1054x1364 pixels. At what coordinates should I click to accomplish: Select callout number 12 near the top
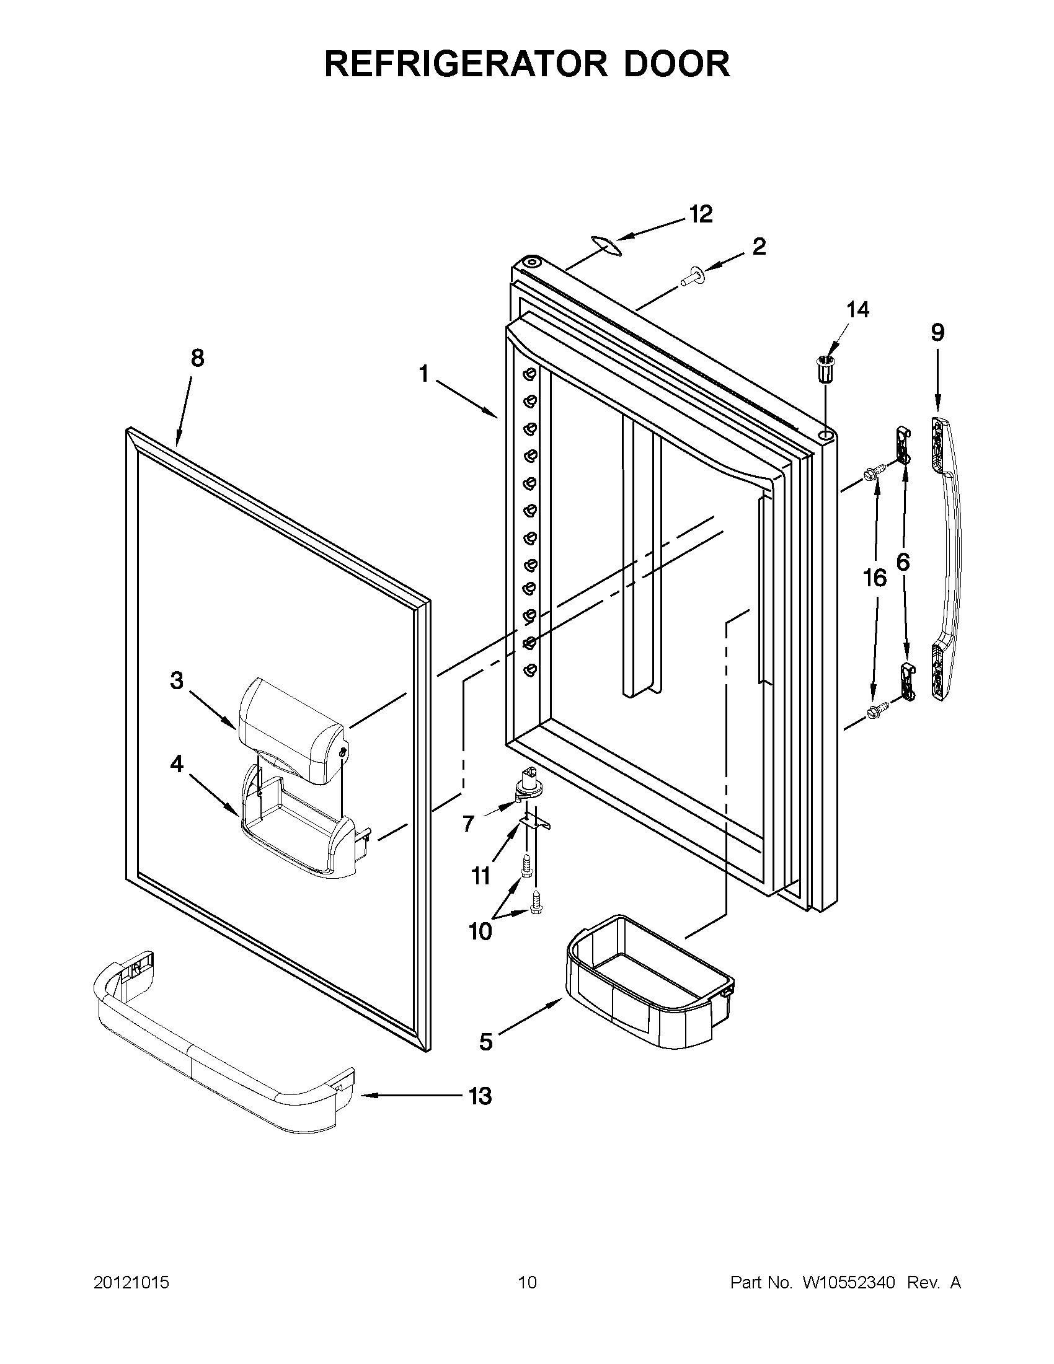coord(701,214)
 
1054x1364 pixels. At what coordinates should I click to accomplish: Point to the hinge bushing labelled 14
coord(826,370)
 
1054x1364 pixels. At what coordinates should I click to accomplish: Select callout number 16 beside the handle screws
coord(875,578)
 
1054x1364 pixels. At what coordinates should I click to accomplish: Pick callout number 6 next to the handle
coord(903,562)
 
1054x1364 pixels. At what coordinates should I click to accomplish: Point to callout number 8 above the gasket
coord(197,358)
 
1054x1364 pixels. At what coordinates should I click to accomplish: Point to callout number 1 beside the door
coord(424,375)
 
